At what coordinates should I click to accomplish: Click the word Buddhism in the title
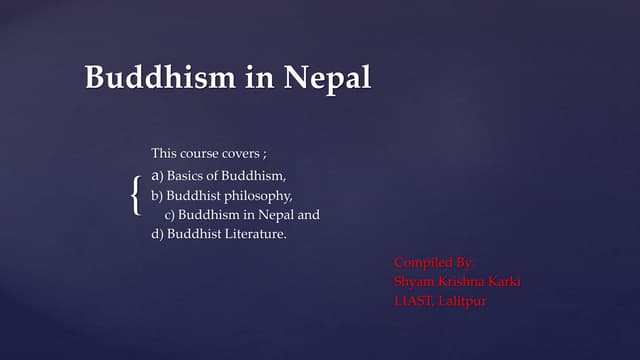click(159, 78)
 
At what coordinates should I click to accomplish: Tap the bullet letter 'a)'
click(157, 175)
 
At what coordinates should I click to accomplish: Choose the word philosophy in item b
click(259, 196)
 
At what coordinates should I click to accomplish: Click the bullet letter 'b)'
click(157, 195)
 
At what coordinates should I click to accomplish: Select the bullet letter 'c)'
click(171, 215)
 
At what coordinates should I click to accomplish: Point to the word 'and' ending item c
click(309, 215)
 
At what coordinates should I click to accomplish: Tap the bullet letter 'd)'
click(157, 235)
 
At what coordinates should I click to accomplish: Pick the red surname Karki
click(503, 281)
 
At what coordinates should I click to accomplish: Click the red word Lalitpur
click(463, 300)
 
